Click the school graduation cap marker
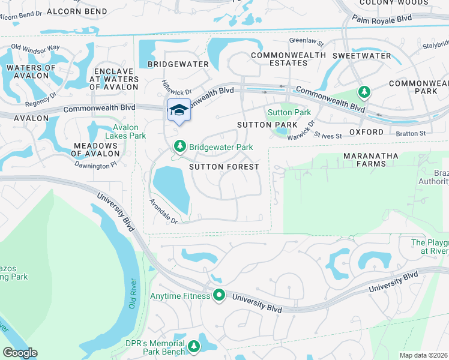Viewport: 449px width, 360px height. (178, 110)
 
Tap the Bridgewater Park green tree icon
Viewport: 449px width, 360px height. (179, 146)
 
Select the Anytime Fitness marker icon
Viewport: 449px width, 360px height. (219, 295)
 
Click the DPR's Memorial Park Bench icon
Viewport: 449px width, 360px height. (193, 346)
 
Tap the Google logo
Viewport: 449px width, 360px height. (20, 353)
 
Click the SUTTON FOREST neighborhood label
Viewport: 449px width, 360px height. (224, 166)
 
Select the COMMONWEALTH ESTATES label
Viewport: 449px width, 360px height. (288, 59)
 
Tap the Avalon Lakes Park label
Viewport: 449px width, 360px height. (126, 131)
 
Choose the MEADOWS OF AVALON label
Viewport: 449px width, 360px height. (95, 149)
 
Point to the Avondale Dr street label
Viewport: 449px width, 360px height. (164, 211)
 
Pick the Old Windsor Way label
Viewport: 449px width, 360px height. (35, 47)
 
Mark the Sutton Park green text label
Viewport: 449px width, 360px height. (289, 112)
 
